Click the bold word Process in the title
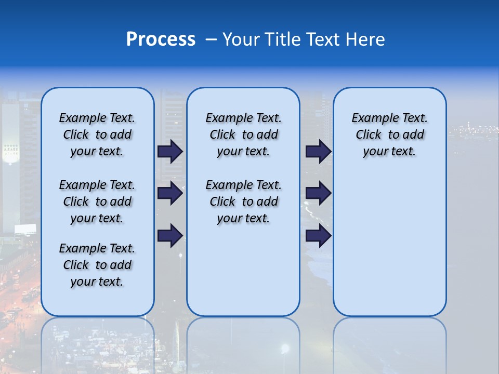[x=161, y=39]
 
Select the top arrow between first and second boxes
[x=169, y=152]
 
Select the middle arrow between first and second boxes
[x=169, y=193]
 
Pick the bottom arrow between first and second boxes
[x=169, y=236]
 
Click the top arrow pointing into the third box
[x=318, y=152]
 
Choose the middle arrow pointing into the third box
[x=318, y=193]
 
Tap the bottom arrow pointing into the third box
[x=318, y=236]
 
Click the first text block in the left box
[x=97, y=135]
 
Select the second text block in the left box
[x=97, y=202]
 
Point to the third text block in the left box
[x=97, y=265]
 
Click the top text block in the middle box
[x=244, y=135]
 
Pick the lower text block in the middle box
[x=244, y=202]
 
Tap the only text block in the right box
[x=390, y=135]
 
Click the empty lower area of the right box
[x=390, y=244]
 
